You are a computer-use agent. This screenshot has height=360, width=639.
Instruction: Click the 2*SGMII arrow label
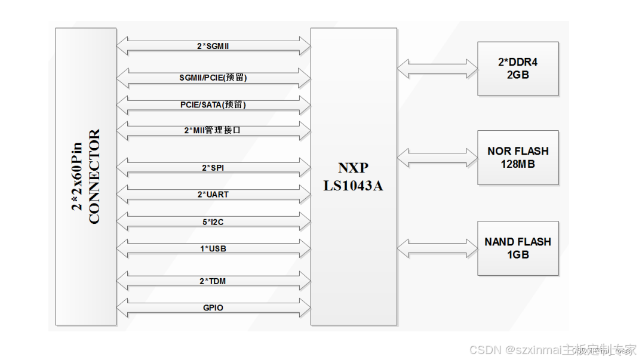[213, 45]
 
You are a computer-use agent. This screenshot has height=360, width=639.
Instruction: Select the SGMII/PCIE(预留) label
[213, 77]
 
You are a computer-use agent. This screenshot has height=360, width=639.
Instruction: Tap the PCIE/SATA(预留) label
[213, 104]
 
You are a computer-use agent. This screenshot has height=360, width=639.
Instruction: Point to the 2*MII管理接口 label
[213, 130]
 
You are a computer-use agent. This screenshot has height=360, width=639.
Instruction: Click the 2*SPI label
[213, 168]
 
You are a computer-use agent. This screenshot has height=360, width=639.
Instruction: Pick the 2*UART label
[213, 194]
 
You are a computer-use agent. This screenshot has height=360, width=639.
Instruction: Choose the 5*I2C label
[213, 221]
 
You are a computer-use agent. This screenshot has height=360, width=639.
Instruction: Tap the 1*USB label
[213, 248]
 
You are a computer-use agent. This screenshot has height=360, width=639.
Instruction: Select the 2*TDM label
[213, 281]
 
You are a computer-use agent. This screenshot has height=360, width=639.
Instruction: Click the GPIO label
[213, 308]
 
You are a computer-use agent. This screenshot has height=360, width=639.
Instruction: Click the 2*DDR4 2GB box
[518, 69]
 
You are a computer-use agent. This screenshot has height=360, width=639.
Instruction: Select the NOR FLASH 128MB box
[518, 158]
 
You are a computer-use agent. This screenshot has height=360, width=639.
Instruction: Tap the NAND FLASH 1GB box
[518, 248]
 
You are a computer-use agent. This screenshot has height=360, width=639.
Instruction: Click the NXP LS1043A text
[354, 177]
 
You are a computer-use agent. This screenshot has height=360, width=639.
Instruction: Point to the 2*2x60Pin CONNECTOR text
[87, 177]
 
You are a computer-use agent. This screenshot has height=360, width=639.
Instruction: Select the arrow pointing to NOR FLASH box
[437, 158]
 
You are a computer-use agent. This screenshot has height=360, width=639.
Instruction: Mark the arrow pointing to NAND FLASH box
[437, 248]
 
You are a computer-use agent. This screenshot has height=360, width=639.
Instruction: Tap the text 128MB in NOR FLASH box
[518, 164]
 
